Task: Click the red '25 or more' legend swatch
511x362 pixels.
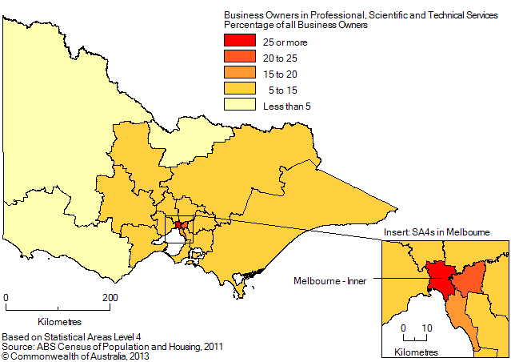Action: pos(240,41)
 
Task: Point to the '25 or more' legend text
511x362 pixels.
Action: pos(285,42)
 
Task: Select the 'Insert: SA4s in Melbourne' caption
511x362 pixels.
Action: pos(436,231)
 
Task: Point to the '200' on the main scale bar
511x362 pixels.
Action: pos(110,298)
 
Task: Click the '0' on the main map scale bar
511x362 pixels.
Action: pos(6,298)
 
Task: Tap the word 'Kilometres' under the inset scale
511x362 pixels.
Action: pos(416,352)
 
